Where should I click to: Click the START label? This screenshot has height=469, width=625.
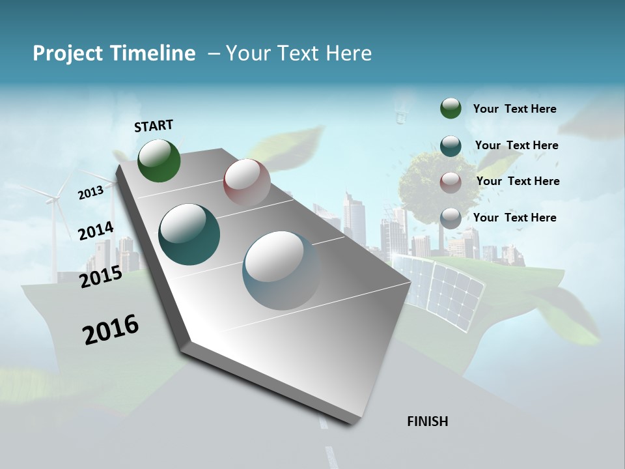[154, 125]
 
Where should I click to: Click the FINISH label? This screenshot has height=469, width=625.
[427, 421]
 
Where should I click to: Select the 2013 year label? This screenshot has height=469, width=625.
[90, 193]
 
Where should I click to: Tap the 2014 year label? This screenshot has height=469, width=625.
[96, 231]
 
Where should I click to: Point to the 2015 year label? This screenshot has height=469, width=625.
[101, 277]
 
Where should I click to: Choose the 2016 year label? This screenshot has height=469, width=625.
[111, 329]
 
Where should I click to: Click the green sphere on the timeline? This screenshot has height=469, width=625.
[159, 160]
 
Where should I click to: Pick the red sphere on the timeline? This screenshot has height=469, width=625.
[247, 182]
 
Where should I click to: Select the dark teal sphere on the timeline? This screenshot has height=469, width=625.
[189, 234]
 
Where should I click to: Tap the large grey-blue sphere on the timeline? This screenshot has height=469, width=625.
[282, 270]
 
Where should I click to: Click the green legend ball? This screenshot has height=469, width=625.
[451, 108]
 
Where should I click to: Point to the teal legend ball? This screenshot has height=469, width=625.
[451, 146]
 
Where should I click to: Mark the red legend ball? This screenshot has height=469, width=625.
[451, 182]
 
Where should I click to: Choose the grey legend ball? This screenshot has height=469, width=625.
[451, 218]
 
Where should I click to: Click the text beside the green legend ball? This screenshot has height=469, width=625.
[514, 109]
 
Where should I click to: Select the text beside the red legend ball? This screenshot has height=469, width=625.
[518, 181]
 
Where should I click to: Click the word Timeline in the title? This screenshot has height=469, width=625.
[153, 53]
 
